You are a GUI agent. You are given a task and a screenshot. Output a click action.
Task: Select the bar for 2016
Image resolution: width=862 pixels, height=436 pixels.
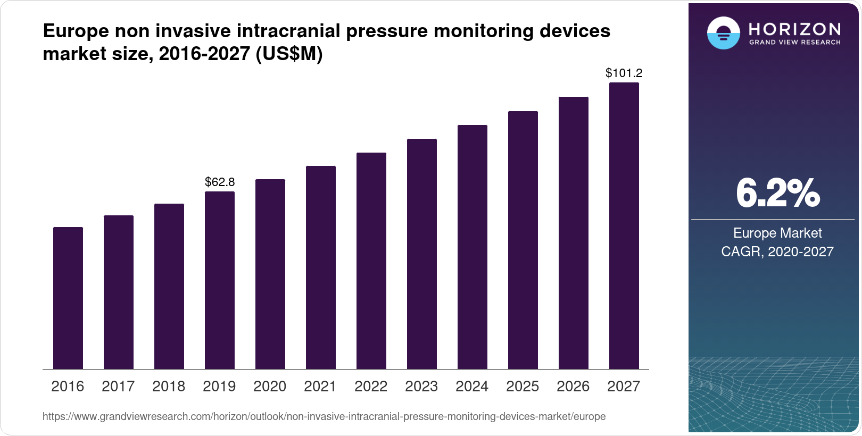(68, 298)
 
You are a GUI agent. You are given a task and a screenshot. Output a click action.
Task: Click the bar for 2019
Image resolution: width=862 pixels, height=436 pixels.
(220, 280)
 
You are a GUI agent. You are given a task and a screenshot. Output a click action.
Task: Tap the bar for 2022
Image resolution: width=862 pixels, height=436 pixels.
(371, 261)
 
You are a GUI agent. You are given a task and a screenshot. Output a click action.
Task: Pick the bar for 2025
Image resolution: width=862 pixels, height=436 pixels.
(523, 240)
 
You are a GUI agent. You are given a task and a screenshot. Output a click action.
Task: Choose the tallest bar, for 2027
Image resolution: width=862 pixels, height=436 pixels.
(624, 225)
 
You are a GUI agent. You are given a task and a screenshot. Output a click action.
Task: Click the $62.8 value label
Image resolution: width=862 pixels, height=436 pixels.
(220, 182)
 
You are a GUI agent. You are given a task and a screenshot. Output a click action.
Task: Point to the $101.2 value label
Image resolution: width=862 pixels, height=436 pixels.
(624, 73)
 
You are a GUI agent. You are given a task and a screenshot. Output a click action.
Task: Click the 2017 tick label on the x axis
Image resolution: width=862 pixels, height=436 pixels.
(118, 387)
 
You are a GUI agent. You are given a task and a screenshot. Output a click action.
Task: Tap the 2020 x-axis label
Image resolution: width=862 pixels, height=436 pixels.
(270, 387)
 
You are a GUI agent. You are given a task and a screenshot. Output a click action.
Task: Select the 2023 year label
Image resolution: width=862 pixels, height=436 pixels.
(421, 387)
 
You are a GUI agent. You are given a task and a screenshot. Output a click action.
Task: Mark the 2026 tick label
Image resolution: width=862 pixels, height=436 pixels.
(573, 387)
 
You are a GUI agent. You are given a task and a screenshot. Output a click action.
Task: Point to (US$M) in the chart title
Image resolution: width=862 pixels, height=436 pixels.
(289, 54)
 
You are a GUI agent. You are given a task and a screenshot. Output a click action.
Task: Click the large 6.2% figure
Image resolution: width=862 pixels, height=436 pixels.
(777, 194)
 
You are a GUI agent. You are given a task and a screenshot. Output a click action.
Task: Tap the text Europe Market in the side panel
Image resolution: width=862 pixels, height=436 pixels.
(777, 233)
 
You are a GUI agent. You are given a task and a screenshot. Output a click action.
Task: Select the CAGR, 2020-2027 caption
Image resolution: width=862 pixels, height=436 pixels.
(777, 251)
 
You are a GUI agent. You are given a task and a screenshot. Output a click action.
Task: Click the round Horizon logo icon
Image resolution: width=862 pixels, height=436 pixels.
(723, 33)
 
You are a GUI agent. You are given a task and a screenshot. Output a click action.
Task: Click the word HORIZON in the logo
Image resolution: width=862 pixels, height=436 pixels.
(794, 29)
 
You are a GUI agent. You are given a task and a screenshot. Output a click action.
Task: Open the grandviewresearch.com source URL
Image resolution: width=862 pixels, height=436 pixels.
(324, 416)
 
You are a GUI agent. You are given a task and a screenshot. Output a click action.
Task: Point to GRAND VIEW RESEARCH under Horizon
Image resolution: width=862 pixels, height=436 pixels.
(794, 42)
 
